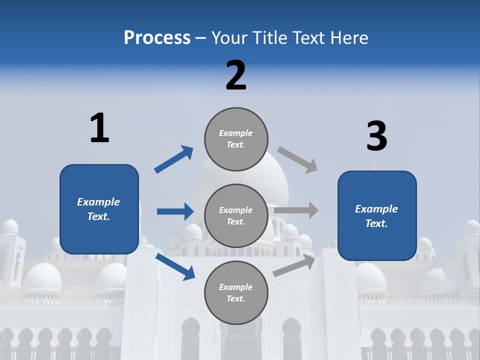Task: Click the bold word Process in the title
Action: (157, 37)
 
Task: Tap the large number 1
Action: (99, 128)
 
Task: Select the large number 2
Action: (236, 75)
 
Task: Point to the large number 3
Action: (376, 136)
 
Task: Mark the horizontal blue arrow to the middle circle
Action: (175, 211)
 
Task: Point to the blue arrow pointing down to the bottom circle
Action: (175, 266)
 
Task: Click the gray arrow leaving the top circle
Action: (297, 160)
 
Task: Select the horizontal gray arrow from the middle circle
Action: (296, 210)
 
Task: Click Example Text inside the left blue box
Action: (98, 209)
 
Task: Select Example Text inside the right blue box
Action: (376, 216)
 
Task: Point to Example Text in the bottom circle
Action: (235, 292)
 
